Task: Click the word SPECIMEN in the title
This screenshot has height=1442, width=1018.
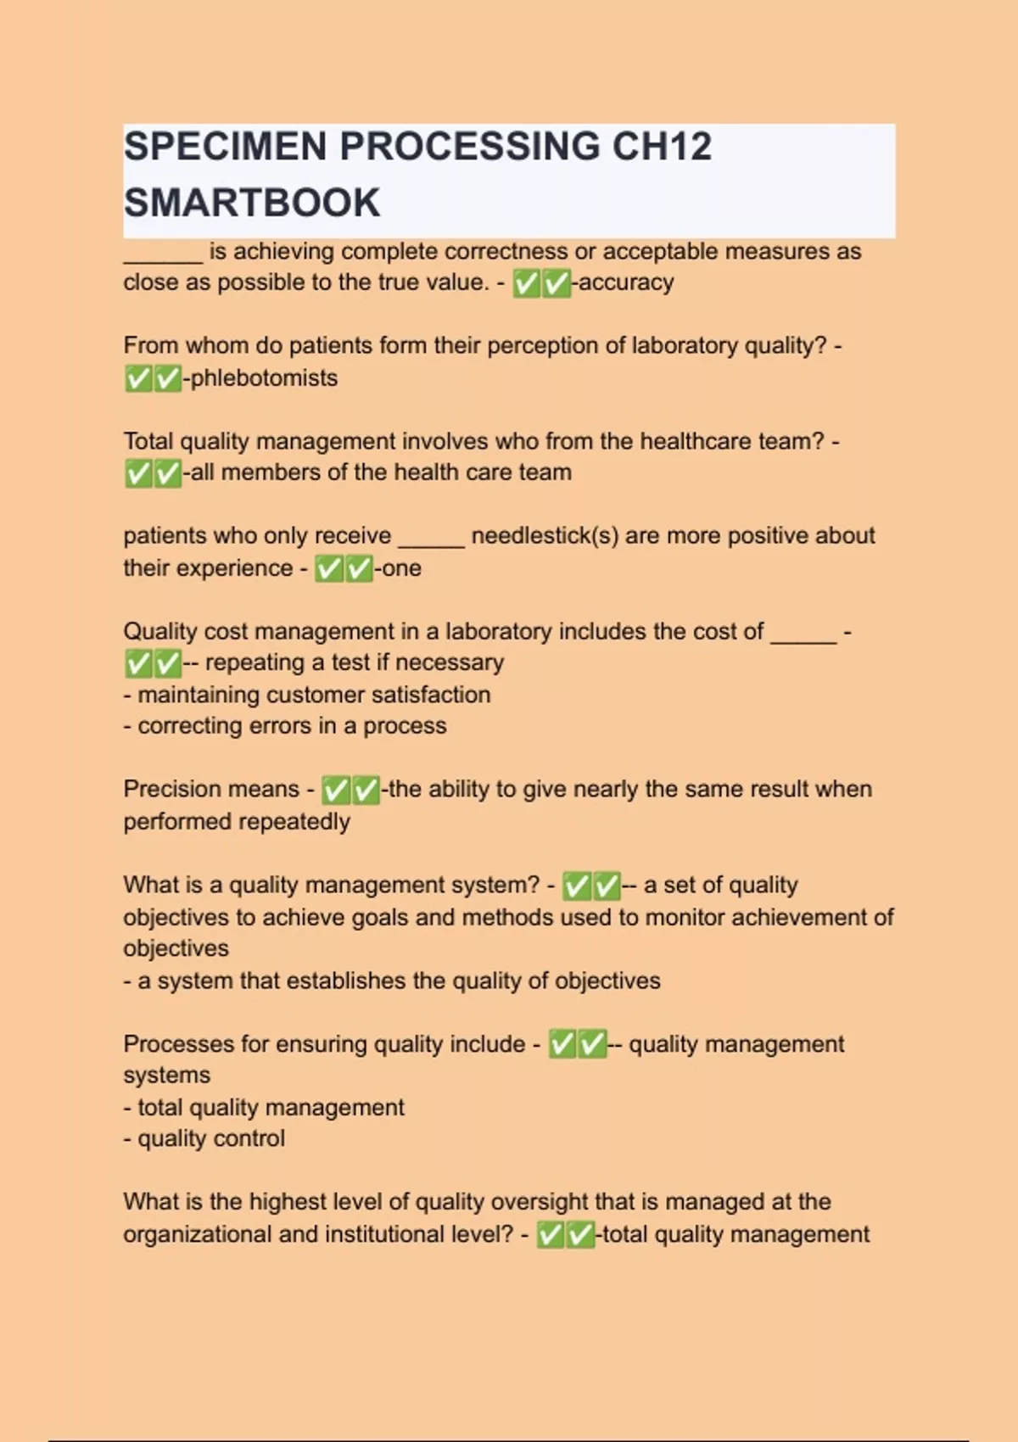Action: pyautogui.click(x=226, y=147)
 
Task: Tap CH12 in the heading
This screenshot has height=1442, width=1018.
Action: pyautogui.click(x=661, y=147)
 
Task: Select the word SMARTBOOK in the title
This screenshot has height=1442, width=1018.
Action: pyautogui.click(x=252, y=204)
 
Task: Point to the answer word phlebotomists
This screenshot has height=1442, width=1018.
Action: pyautogui.click(x=264, y=378)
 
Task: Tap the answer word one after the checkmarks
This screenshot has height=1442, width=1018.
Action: pyautogui.click(x=401, y=568)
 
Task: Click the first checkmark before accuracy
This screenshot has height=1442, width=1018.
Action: pyautogui.click(x=527, y=283)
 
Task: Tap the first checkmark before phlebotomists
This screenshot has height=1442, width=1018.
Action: pyautogui.click(x=137, y=378)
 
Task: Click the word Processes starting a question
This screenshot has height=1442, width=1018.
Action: pyautogui.click(x=179, y=1044)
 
